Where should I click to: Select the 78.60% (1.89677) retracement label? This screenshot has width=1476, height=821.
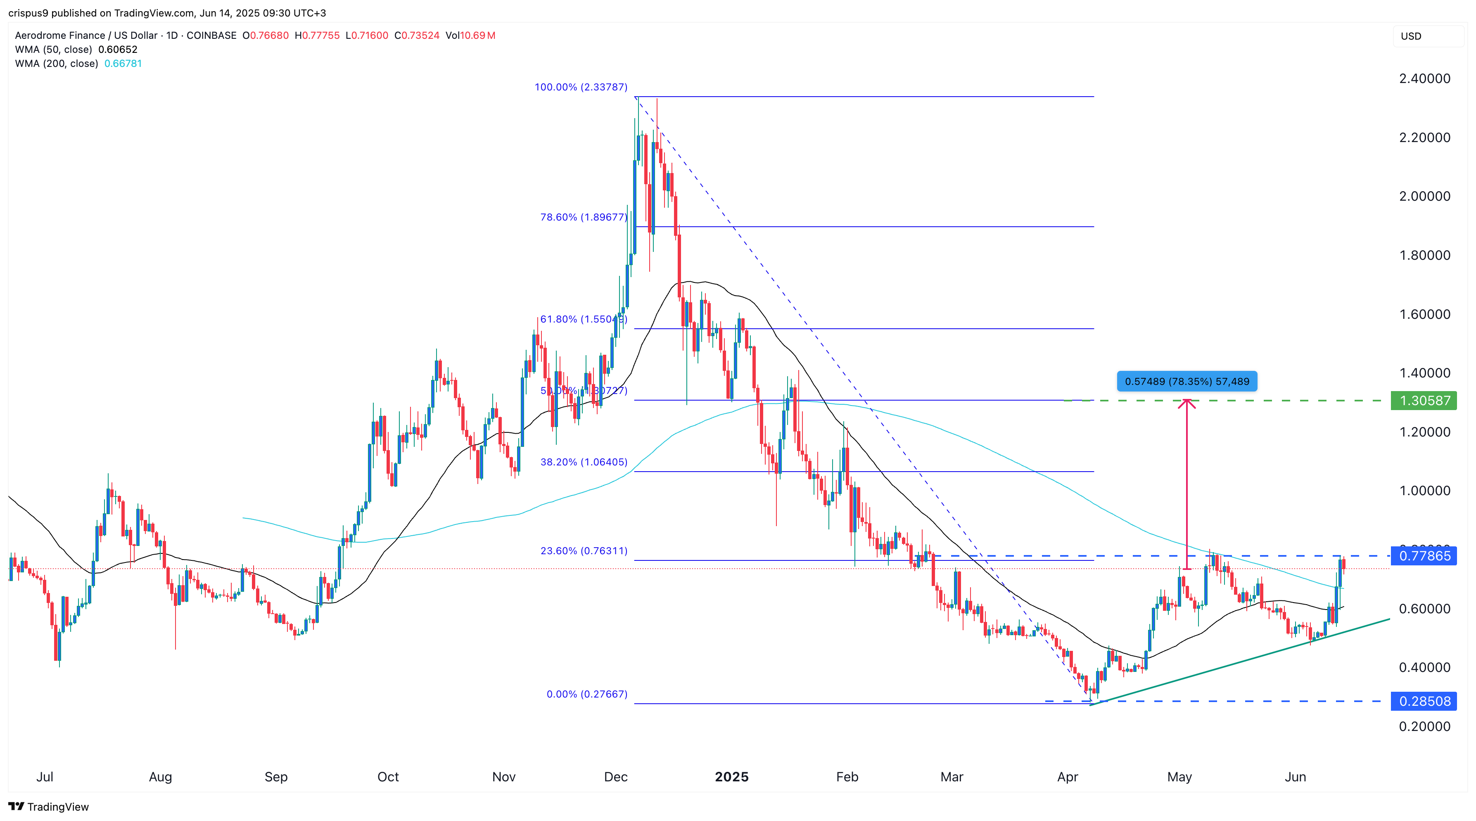coord(583,217)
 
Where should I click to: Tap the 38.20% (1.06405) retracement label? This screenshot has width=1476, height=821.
coord(583,462)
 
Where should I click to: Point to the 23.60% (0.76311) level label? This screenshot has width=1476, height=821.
coord(583,550)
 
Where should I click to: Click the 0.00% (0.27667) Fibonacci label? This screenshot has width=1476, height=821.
coord(587,694)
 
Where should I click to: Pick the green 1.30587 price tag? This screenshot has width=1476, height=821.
coord(1424,401)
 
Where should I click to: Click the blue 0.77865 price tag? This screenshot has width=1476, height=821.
coord(1424,556)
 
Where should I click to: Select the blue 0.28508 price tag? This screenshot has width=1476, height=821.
coord(1424,701)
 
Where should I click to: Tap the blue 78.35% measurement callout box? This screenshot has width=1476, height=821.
coord(1186,382)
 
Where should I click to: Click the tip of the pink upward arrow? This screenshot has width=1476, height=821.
coord(1186,399)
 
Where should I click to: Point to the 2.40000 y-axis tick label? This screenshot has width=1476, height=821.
coord(1424,78)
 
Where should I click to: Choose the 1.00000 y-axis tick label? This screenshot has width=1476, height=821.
coord(1424,491)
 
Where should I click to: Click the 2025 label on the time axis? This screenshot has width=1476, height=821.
coord(732,777)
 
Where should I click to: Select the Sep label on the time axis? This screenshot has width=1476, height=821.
coord(275,777)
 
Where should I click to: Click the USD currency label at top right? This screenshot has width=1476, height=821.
coord(1411,36)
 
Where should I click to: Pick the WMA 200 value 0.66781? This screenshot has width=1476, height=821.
coord(123,64)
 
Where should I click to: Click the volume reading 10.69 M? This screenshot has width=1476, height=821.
coord(478,36)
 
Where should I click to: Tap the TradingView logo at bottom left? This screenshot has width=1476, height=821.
coord(49,807)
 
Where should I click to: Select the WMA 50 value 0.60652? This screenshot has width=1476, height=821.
coord(117,49)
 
